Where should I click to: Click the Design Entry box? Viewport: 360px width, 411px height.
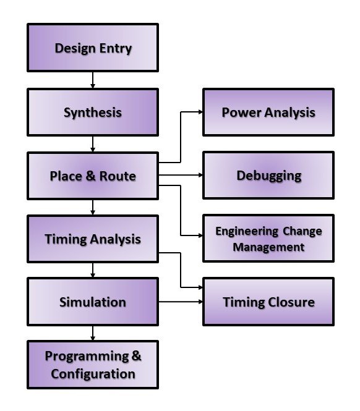[93, 48]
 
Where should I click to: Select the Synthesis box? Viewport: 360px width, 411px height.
[93, 112]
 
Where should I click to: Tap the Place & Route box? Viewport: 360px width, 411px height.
[93, 176]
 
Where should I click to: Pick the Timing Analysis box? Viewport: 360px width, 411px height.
[93, 239]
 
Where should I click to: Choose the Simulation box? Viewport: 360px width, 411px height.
[93, 302]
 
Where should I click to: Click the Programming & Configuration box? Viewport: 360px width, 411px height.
[93, 365]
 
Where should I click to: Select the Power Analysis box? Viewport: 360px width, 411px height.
[268, 112]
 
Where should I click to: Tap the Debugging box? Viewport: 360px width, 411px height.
[268, 176]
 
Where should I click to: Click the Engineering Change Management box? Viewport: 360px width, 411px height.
[268, 239]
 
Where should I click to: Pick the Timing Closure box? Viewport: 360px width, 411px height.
[268, 302]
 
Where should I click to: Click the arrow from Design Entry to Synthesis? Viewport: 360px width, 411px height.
[93, 80]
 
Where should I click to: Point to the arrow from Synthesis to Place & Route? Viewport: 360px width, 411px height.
[93, 144]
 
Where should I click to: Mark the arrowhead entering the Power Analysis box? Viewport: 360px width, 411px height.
[200, 112]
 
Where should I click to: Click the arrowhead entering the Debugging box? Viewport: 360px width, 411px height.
[200, 175]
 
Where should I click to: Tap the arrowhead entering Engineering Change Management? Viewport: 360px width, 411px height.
[200, 236]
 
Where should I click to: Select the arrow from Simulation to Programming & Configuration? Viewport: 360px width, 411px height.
[93, 334]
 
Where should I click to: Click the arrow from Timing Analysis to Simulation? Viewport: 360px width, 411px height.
[93, 270]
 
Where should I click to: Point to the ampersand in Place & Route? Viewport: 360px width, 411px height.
[89, 176]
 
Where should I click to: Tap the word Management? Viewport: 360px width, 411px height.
[268, 247]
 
